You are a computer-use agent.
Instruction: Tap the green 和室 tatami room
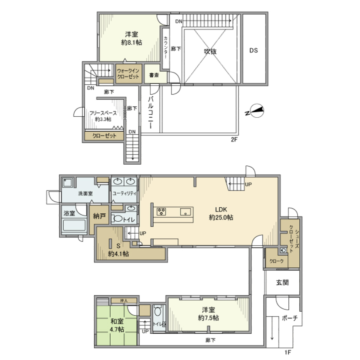pos(117,325)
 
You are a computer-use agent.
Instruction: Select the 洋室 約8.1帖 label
pos(131,39)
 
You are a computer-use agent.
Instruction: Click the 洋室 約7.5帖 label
pos(208,314)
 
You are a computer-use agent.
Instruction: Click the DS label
pos(254,51)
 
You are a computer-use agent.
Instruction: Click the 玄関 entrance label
pos(282,283)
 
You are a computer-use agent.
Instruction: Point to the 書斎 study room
pos(153,75)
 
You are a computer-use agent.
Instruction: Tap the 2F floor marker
pos(235,139)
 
